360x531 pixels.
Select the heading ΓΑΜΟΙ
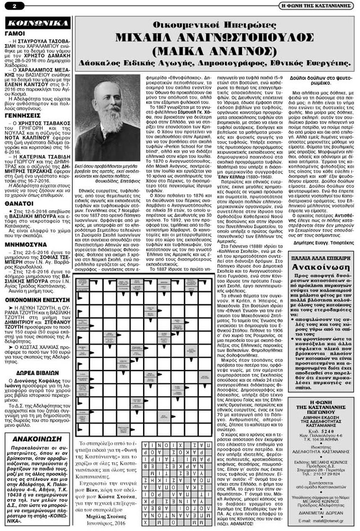[16, 33]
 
